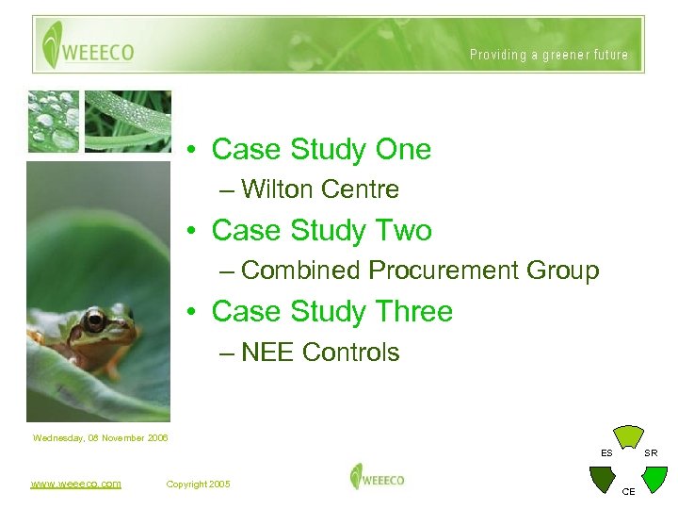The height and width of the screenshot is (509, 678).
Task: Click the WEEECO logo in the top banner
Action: (x=88, y=45)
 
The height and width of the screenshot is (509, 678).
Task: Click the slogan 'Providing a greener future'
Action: (x=549, y=55)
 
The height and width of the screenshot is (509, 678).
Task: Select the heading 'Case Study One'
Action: (x=321, y=149)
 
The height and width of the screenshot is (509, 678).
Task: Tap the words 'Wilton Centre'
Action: (x=320, y=189)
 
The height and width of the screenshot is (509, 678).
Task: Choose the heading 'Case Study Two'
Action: (x=321, y=230)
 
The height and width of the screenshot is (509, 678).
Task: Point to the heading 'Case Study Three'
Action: (x=331, y=311)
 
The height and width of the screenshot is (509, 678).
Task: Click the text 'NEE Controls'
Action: (x=320, y=353)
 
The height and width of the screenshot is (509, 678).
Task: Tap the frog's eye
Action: (x=94, y=320)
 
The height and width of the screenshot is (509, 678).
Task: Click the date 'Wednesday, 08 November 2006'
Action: (x=100, y=437)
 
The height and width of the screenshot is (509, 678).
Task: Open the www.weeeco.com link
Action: (x=75, y=484)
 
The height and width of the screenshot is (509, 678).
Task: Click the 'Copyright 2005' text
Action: (x=198, y=484)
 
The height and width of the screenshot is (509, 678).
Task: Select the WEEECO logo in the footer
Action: (x=377, y=477)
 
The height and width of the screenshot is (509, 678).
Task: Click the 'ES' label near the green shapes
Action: (x=607, y=453)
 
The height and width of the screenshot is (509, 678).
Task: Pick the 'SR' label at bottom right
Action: (x=651, y=453)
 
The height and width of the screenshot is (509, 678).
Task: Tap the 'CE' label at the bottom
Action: (x=629, y=491)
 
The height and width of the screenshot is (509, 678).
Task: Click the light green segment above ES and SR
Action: (x=628, y=436)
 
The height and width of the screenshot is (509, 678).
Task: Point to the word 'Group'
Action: (x=562, y=271)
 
